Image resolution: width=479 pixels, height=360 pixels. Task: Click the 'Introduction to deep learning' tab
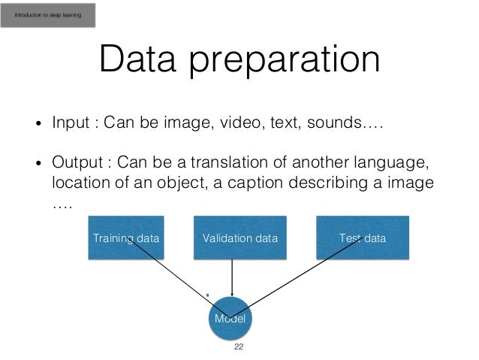49,14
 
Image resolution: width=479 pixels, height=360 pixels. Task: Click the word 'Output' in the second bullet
75,163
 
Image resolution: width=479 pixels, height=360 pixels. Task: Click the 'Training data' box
125,238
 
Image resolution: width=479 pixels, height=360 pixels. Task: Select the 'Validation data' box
239,238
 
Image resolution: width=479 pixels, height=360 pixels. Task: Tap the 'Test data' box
363,238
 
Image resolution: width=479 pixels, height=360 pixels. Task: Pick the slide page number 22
239,347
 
